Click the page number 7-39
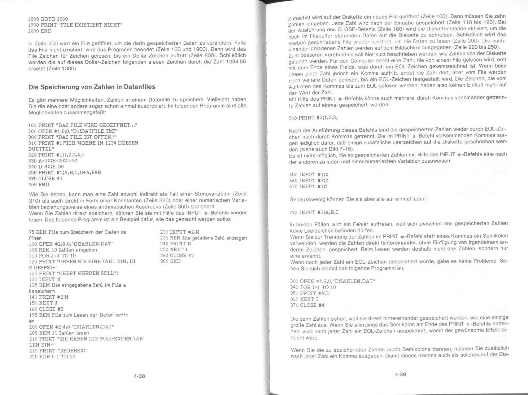tap(400, 374)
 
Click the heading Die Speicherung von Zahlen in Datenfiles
tap(92, 87)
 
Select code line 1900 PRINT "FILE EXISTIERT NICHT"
tap(75, 25)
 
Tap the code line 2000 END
tap(40, 31)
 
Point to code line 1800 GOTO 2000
tap(48, 19)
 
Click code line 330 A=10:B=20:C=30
tap(53, 161)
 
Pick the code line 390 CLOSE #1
tap(46, 179)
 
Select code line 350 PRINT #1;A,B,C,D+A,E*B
tap(64, 173)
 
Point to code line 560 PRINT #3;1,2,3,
tap(313, 118)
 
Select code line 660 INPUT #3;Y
tap(308, 180)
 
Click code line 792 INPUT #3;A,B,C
tap(314, 213)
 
